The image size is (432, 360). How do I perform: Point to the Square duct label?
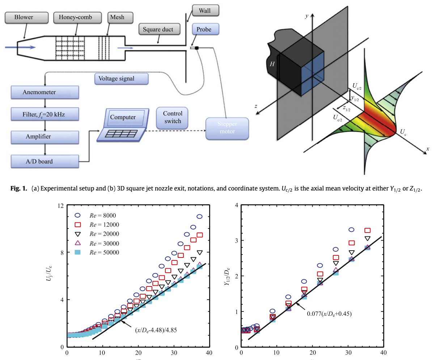pyautogui.click(x=158, y=29)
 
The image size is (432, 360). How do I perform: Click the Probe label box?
pyautogui.click(x=204, y=29)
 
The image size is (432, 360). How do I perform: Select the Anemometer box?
pyautogui.click(x=45, y=92)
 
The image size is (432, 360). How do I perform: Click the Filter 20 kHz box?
pyautogui.click(x=45, y=115)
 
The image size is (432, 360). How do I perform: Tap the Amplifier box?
pyautogui.click(x=45, y=137)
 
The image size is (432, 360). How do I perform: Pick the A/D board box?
pyautogui.click(x=45, y=161)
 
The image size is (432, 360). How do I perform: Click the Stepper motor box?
pyautogui.click(x=227, y=128)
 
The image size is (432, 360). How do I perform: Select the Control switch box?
pyautogui.click(x=173, y=118)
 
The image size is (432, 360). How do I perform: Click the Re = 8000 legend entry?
pyautogui.click(x=98, y=215)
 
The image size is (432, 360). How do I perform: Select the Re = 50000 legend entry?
pyautogui.click(x=98, y=252)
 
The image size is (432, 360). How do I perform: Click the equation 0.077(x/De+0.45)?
pyautogui.click(x=329, y=314)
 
